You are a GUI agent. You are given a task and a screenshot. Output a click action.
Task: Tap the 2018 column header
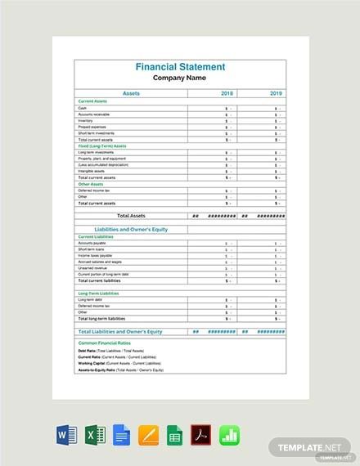point(226,94)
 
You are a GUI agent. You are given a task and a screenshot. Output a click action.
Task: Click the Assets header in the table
point(131,94)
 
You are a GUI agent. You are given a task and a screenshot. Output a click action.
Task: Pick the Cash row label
point(83,108)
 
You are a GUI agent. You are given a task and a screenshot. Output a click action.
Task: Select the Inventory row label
point(86,121)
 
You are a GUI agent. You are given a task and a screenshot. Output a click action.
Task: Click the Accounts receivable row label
point(93,114)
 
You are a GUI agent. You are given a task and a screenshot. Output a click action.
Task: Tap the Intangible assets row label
point(92,170)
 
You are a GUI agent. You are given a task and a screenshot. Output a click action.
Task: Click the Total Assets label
point(131,216)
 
